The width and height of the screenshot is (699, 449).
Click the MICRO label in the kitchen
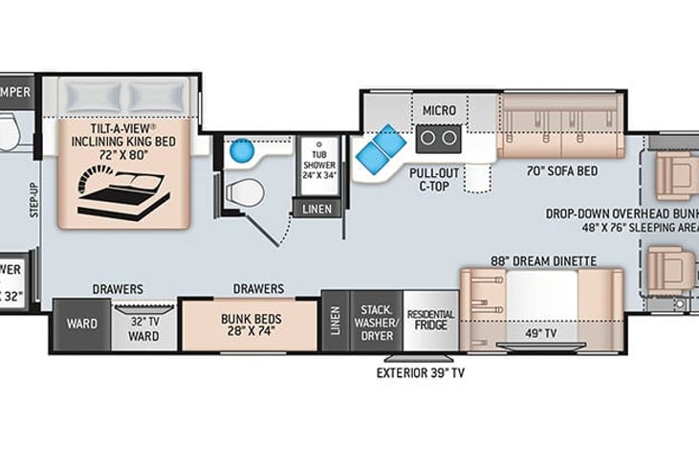pos(439,111)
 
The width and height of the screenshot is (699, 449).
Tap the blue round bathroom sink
pos(242,150)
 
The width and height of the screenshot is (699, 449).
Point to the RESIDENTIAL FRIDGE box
pos(431,320)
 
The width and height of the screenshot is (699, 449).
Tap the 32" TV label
pos(143,323)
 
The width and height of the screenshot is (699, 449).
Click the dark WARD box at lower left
pos(81,324)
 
